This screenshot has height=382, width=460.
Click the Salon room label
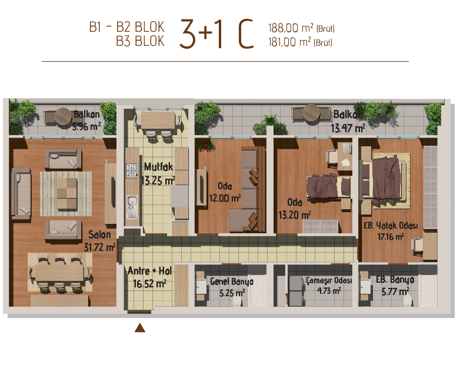(x=100, y=234)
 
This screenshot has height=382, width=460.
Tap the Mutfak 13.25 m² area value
(x=158, y=180)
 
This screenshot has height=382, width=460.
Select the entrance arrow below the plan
(x=140, y=328)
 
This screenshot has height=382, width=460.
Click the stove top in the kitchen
(x=132, y=170)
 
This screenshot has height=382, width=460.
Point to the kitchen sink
(x=132, y=207)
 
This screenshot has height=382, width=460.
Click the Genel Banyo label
(x=232, y=282)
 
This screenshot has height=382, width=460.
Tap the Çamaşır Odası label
(x=329, y=280)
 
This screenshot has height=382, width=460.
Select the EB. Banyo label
(x=395, y=280)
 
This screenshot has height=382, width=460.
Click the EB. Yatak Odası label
(x=391, y=226)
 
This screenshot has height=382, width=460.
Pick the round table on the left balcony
(x=63, y=116)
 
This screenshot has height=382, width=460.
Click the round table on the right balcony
(x=311, y=113)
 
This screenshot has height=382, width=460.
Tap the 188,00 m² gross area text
(x=301, y=28)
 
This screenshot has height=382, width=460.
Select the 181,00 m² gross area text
(x=300, y=42)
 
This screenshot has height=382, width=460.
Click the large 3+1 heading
(x=201, y=33)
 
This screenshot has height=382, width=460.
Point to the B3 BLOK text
(x=140, y=41)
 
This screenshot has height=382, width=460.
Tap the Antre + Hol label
(x=149, y=270)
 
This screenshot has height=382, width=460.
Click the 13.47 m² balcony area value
(x=348, y=128)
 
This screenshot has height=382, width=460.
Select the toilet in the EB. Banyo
(x=407, y=300)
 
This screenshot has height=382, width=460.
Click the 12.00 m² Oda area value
(x=225, y=198)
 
